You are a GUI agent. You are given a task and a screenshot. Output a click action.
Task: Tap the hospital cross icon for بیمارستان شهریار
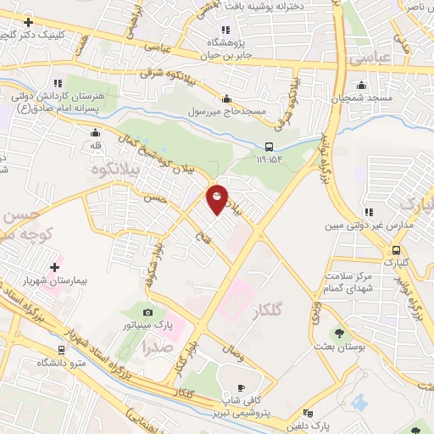pyautogui.click(x=55, y=267)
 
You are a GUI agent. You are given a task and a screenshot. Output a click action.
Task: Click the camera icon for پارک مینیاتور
pyautogui.click(x=149, y=312)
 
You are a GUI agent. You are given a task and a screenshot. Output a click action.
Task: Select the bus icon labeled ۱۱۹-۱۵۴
pyautogui.click(x=269, y=145)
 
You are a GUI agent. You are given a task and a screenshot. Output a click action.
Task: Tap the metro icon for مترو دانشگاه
pyautogui.click(x=60, y=349)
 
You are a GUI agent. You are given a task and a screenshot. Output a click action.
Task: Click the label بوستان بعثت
pyautogui.click(x=340, y=348)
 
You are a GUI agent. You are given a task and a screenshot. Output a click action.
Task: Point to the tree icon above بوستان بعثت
pyautogui.click(x=340, y=334)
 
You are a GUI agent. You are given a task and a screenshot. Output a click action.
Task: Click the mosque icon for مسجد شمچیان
pyautogui.click(x=362, y=85)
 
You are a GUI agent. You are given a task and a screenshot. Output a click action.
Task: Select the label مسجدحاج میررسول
pyautogui.click(x=227, y=112)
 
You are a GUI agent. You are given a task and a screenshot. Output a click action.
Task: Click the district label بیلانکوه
pyautogui.click(x=115, y=170)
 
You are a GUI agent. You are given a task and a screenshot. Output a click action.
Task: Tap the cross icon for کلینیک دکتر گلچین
pyautogui.click(x=29, y=22)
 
